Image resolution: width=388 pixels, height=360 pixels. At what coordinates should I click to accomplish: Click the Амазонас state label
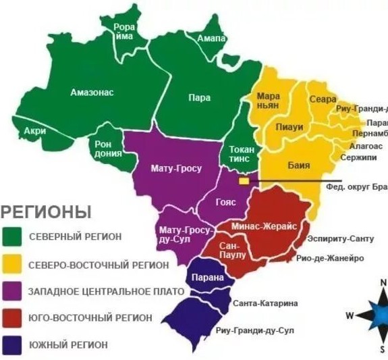92,92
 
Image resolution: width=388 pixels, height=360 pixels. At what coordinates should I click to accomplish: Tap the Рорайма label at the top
124,32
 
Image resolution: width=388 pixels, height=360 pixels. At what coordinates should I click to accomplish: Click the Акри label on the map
34,130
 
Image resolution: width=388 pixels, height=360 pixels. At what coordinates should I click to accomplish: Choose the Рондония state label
107,149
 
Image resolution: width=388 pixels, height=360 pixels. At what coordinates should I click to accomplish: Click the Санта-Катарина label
265,304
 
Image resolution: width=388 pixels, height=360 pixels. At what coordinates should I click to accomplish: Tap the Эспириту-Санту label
340,239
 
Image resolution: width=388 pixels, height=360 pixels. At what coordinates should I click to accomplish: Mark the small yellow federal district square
244,181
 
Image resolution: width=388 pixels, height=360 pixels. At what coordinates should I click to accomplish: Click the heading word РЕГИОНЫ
46,211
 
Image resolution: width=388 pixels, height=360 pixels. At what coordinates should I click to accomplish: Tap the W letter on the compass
350,315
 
